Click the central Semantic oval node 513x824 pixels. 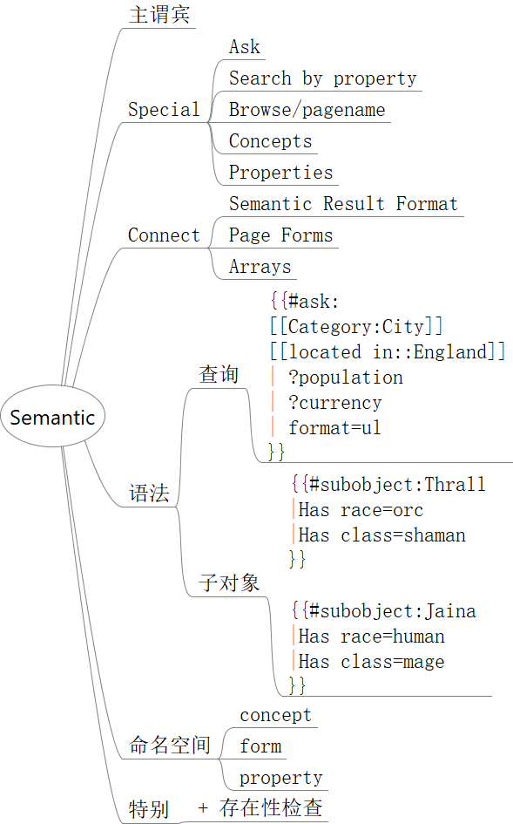pos(52,416)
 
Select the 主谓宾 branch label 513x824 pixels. pos(159,14)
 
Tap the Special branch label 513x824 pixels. pos(164,109)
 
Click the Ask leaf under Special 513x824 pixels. pos(244,47)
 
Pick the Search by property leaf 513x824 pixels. pos(322,78)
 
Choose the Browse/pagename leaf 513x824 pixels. pos(307,109)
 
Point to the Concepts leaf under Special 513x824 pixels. pos(270,141)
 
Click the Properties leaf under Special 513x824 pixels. pos(281,173)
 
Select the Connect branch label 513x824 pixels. pos(164,235)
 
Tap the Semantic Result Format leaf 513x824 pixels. pos(343,203)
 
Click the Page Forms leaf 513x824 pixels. pos(281,235)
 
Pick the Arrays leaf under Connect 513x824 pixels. pos(260,267)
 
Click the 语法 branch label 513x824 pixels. pos(149,494)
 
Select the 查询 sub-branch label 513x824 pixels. pos(219,375)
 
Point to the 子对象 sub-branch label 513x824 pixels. pos(229,582)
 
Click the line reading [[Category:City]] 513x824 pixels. pos(356,326)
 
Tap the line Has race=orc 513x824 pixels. pos(361,510)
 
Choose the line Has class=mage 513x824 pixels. pos(371,662)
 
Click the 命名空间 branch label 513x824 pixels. pos(170,745)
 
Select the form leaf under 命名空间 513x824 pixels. pos(260,746)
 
